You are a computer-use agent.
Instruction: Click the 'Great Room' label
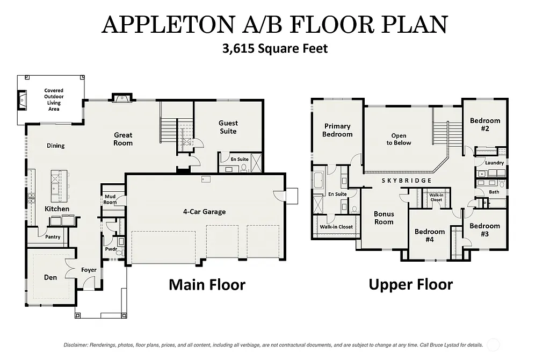123,139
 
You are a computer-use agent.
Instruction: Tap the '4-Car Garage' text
204,212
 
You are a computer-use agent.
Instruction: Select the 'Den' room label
50,278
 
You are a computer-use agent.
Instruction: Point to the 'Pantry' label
53,236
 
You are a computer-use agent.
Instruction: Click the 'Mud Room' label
110,199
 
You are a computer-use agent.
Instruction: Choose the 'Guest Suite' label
228,127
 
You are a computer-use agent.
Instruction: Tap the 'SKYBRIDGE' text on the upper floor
407,181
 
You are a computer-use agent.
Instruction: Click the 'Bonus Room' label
383,218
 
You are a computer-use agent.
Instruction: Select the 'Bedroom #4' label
430,235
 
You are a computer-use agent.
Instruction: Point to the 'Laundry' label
494,163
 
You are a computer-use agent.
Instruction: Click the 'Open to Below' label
399,139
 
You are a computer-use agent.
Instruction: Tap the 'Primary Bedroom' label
337,130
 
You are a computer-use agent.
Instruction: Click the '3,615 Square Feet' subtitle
275,48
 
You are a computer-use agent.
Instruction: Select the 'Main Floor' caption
207,284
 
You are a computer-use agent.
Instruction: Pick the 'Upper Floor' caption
410,284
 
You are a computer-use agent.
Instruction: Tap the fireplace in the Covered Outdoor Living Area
22,98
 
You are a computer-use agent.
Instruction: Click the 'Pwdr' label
111,249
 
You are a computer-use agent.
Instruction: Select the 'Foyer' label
89,270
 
